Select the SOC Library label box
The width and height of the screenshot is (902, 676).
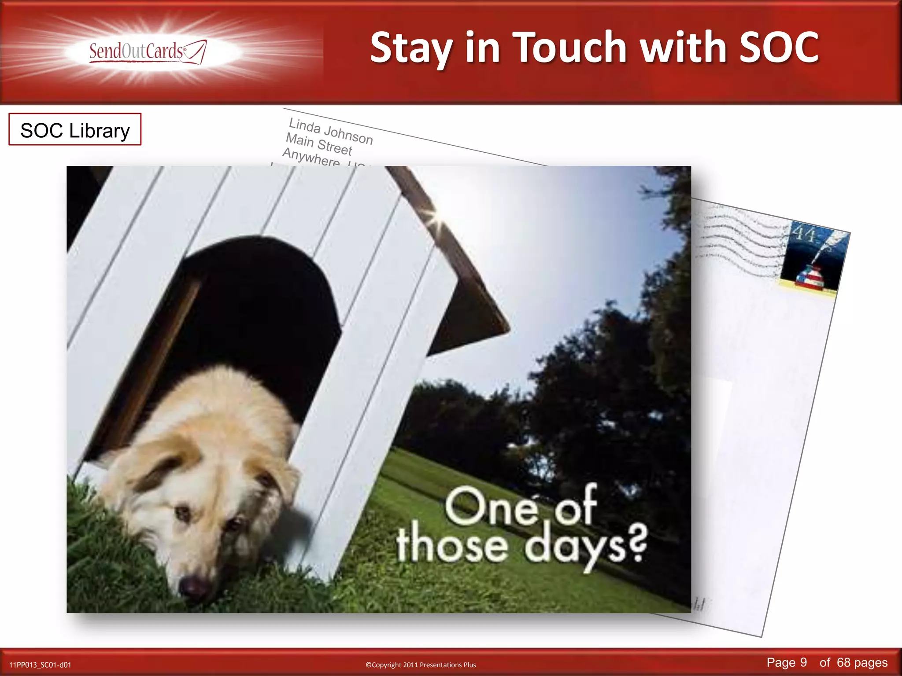(75, 130)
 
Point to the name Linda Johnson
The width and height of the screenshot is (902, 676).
(330, 131)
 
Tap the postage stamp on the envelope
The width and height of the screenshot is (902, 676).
(813, 257)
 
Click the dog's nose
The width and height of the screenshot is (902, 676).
(193, 587)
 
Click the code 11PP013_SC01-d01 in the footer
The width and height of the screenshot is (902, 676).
(40, 665)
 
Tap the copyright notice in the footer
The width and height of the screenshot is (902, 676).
(421, 665)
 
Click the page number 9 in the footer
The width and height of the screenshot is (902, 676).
(803, 662)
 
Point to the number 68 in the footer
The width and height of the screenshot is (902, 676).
(843, 662)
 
